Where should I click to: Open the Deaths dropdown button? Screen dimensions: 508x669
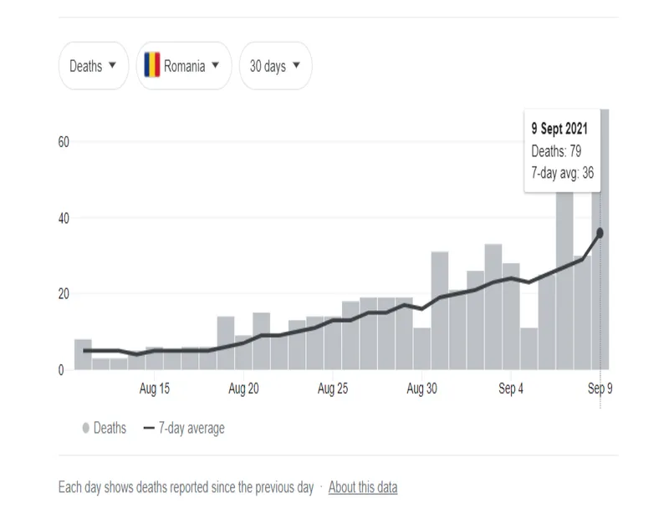click(94, 66)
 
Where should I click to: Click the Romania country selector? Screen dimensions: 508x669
click(184, 66)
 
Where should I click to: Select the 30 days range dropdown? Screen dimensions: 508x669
click(275, 66)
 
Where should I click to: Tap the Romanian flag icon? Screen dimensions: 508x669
click(152, 65)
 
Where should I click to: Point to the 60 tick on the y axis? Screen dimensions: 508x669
click(63, 142)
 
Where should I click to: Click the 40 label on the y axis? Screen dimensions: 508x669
click(63, 218)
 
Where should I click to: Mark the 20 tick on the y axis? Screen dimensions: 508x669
click(63, 294)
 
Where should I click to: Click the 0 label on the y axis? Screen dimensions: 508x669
click(61, 370)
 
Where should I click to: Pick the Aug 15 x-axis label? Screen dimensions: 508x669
click(154, 389)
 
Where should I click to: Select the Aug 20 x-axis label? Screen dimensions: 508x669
click(243, 389)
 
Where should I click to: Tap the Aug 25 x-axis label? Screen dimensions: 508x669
click(333, 389)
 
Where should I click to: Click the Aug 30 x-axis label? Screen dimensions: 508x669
click(422, 389)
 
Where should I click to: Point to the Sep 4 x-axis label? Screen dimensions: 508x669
click(511, 389)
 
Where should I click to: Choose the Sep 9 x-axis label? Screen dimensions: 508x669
click(599, 389)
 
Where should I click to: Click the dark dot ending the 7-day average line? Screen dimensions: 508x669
click(600, 233)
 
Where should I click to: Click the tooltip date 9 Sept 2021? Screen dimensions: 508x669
click(559, 130)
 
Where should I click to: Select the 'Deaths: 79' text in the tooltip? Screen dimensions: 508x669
click(556, 151)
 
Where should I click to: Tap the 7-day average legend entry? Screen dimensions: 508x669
click(184, 428)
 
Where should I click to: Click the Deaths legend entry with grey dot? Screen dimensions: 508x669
click(105, 428)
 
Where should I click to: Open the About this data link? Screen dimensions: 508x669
click(363, 487)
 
